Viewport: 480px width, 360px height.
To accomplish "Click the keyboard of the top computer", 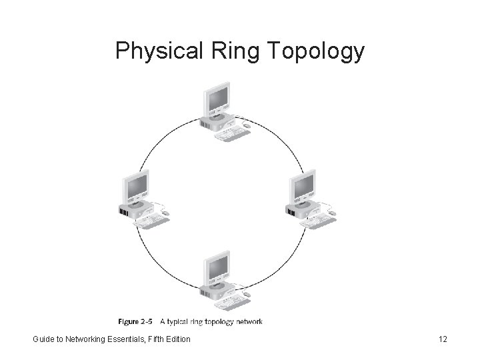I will click(x=231, y=134).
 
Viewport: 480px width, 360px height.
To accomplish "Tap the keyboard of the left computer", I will click(x=151, y=220).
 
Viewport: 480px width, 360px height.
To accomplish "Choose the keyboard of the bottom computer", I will click(x=231, y=303).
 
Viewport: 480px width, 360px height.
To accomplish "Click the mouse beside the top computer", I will click(x=247, y=125).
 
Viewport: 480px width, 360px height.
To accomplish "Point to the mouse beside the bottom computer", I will click(x=247, y=294).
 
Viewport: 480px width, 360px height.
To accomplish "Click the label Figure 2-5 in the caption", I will click(x=137, y=322).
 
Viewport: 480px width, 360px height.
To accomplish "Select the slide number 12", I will click(x=443, y=339).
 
